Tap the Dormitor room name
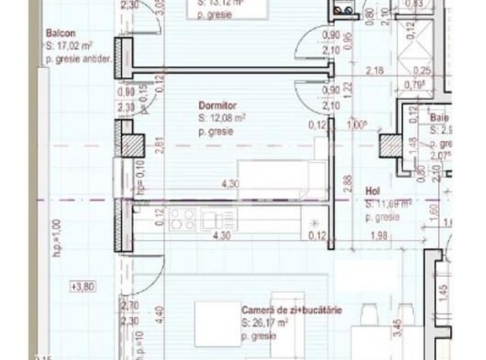click(217, 106)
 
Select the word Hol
click(373, 190)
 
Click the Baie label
click(439, 118)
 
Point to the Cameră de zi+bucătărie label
click(291, 310)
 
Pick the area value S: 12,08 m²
click(222, 118)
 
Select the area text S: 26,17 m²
click(265, 322)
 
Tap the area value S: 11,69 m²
click(388, 203)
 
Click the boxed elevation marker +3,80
click(83, 287)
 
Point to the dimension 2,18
click(375, 70)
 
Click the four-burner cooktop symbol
click(181, 219)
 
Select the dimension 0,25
click(426, 70)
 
